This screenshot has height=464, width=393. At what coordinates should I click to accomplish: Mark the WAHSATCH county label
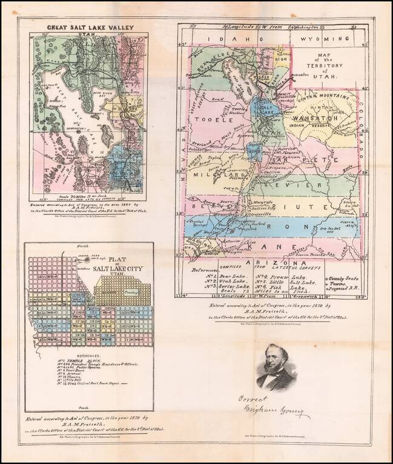[312, 119]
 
